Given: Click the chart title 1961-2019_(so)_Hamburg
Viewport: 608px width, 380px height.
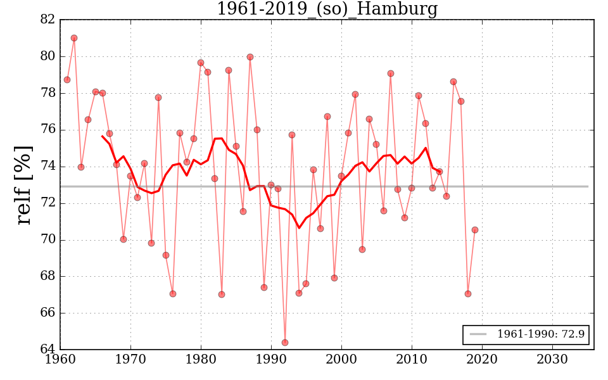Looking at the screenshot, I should click(x=327, y=9).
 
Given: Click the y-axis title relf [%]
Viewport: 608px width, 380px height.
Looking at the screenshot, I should click(x=23, y=185).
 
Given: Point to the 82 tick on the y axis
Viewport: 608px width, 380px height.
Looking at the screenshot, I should click(x=47, y=20).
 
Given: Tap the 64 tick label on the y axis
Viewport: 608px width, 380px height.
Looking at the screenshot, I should click(x=47, y=350).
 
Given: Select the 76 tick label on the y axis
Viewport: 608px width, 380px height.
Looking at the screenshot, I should click(x=47, y=130).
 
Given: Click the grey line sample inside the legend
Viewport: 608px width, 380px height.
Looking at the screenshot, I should click(x=478, y=334).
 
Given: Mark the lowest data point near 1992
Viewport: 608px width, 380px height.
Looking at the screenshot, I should click(x=285, y=343).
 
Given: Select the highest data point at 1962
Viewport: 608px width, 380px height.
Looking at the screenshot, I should click(x=74, y=38).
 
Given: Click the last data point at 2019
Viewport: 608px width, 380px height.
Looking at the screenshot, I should click(x=475, y=230).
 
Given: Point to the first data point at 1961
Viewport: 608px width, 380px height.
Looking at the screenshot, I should click(x=67, y=80).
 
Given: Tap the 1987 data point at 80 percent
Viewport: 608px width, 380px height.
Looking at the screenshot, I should click(x=250, y=57).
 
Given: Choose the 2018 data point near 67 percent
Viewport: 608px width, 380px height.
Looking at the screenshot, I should click(x=468, y=294).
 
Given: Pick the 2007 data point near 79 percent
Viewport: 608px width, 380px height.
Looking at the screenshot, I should click(x=391, y=73).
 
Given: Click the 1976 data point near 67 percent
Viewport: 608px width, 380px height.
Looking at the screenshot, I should click(x=173, y=294).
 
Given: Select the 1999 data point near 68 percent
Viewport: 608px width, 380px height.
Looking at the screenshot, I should click(x=334, y=278).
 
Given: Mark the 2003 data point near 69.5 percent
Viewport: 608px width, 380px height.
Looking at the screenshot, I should click(x=362, y=250).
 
